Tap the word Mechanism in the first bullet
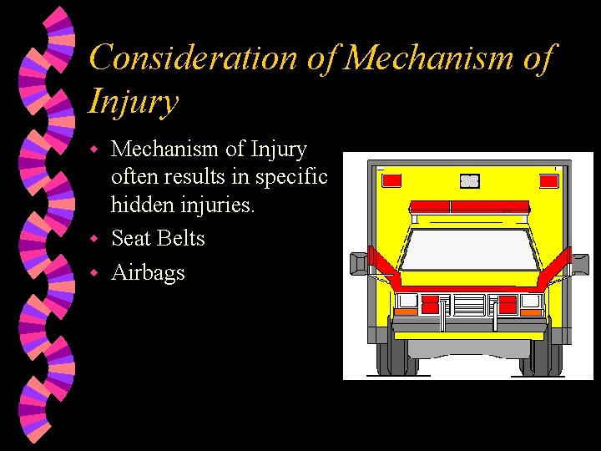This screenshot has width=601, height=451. pyautogui.click(x=165, y=149)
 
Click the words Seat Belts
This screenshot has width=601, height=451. pyautogui.click(x=158, y=238)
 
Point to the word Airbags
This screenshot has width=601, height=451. pyautogui.click(x=148, y=272)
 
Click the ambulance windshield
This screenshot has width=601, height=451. pyautogui.click(x=468, y=249)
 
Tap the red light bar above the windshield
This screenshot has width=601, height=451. pyautogui.click(x=468, y=206)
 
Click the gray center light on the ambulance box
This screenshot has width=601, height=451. pyautogui.click(x=470, y=180)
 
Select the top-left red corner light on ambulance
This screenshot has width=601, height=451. pyautogui.click(x=391, y=180)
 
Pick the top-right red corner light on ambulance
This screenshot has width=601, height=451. pyautogui.click(x=548, y=180)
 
